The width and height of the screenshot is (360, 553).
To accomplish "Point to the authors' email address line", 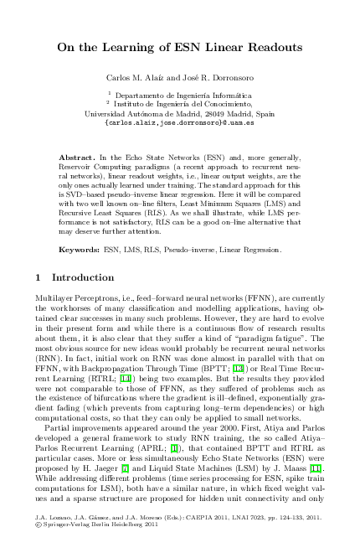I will pos(179,122).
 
